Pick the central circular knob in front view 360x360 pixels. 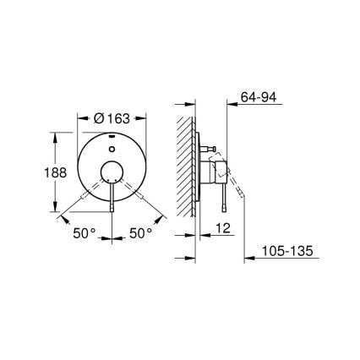point(112,176)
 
